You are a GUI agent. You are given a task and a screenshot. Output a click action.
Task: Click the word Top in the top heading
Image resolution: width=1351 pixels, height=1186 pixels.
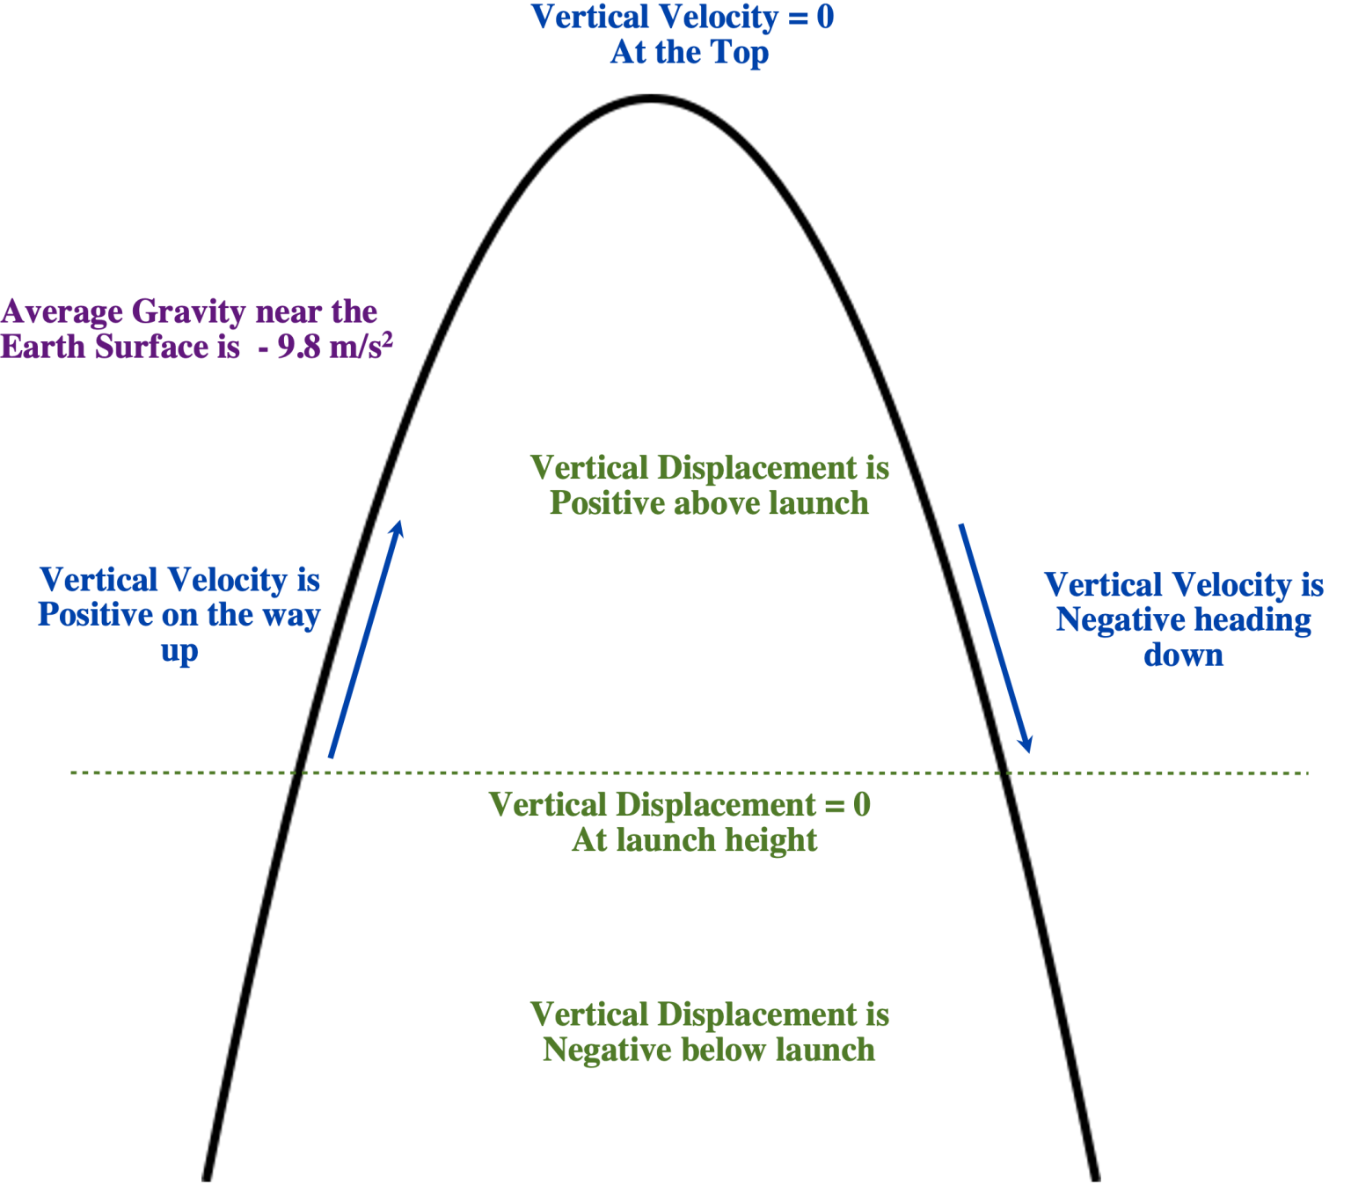(740, 54)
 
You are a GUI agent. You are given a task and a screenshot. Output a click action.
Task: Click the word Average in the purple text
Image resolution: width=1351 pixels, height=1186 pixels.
(62, 312)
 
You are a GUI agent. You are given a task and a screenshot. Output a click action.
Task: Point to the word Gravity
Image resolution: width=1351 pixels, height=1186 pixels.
(188, 312)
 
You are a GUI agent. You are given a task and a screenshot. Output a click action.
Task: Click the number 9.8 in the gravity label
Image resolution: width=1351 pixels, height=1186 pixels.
(298, 348)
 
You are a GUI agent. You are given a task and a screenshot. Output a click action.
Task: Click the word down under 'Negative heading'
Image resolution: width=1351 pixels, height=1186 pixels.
(1183, 655)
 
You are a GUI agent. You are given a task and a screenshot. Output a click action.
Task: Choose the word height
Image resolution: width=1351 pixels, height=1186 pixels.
(770, 841)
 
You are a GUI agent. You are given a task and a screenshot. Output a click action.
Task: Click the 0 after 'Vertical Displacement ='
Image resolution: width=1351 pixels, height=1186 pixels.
(861, 805)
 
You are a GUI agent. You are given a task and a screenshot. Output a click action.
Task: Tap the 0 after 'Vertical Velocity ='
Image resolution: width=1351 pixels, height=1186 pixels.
(825, 18)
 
